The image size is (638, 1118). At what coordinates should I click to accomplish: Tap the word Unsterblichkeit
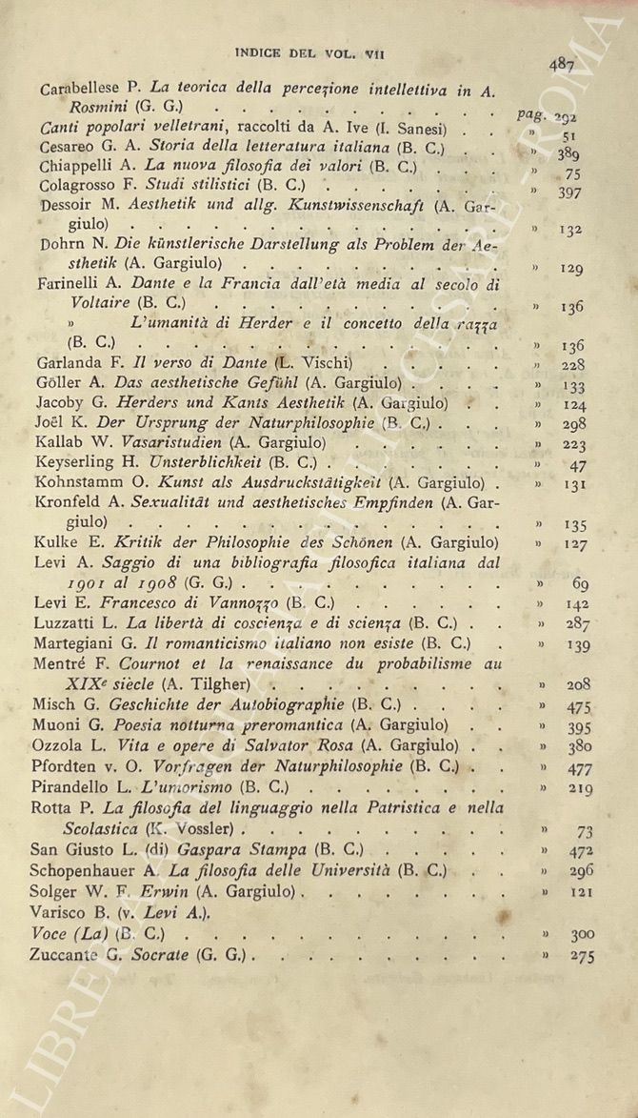(x=195, y=465)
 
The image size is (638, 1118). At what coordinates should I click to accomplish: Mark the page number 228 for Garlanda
(x=573, y=365)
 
